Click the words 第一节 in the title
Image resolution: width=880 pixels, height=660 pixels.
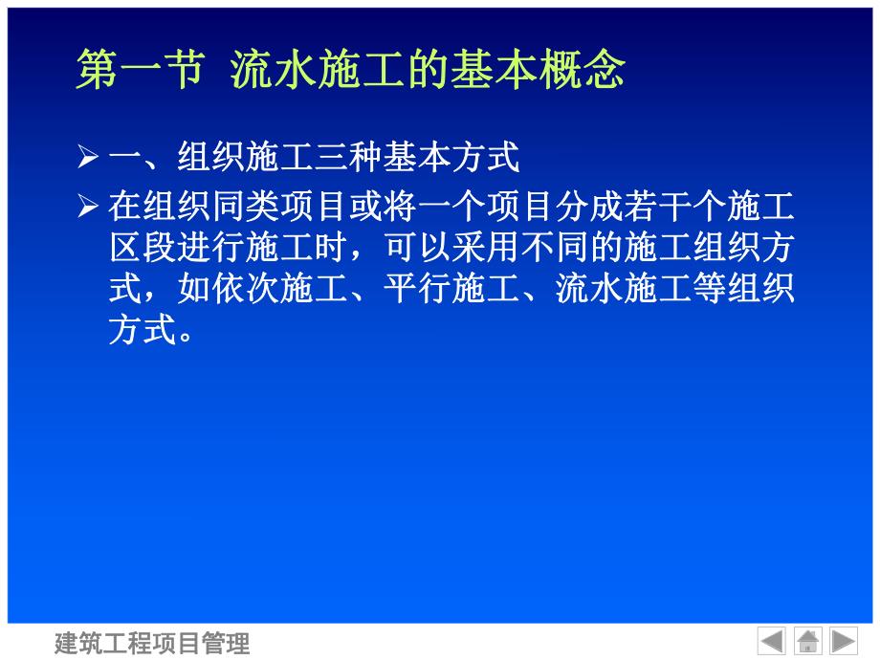(x=139, y=72)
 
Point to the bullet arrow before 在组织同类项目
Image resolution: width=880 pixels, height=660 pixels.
(x=88, y=205)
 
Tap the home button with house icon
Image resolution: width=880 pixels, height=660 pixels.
(x=807, y=640)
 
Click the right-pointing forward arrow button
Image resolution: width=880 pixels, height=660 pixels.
(x=843, y=640)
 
